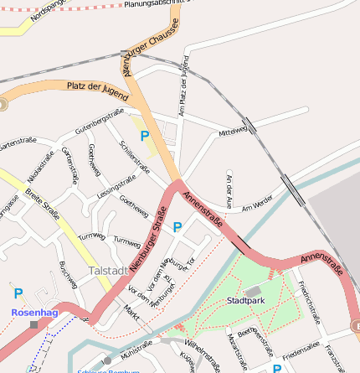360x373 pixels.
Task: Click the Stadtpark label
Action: [245, 300]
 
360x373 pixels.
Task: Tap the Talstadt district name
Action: [108, 272]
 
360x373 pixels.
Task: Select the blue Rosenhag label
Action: [34, 312]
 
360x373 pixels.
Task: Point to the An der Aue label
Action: [229, 190]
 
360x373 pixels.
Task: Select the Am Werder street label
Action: [257, 203]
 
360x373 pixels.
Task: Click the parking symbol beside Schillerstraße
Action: [145, 136]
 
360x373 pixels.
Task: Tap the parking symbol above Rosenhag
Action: [18, 293]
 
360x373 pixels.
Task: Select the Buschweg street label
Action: [69, 275]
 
